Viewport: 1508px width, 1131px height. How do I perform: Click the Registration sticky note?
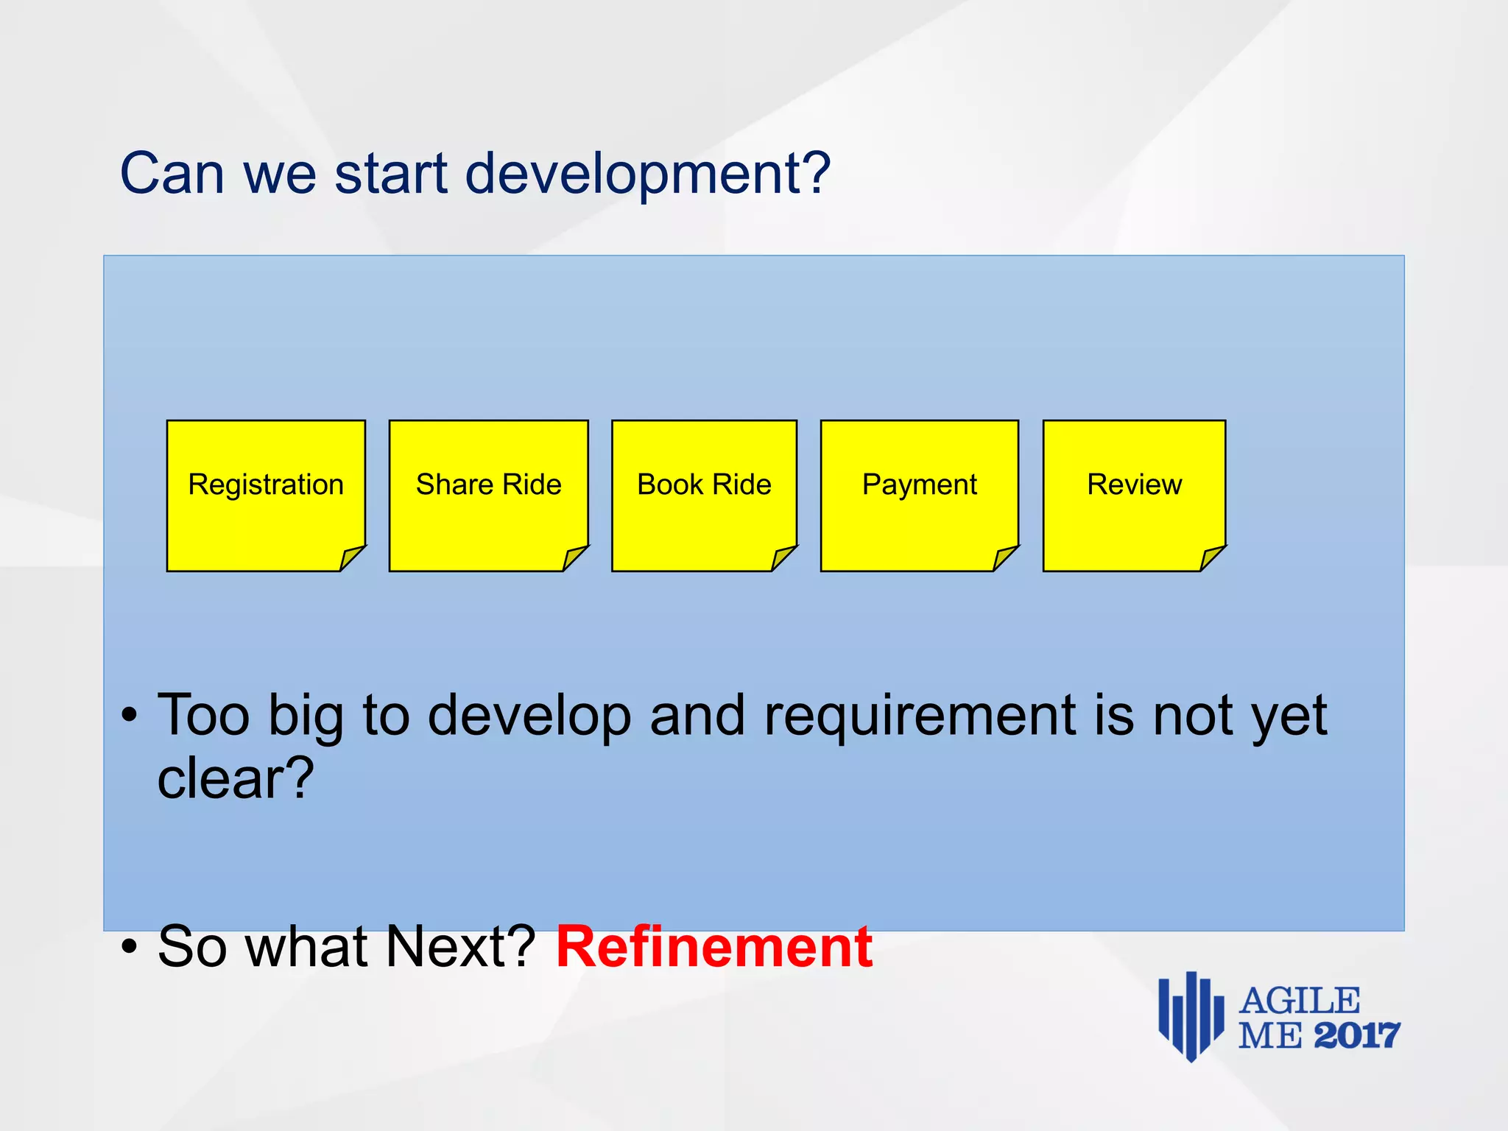point(266,495)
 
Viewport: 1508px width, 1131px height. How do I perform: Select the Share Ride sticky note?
point(488,495)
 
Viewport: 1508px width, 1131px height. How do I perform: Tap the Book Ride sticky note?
point(704,495)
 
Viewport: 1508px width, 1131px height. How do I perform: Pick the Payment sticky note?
point(920,495)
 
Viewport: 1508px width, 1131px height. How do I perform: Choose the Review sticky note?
point(1134,495)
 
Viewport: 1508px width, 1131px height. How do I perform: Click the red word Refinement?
point(714,947)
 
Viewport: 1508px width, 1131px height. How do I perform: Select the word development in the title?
point(648,175)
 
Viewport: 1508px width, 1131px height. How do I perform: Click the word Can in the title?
point(172,173)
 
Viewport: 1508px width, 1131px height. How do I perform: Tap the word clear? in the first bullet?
point(236,779)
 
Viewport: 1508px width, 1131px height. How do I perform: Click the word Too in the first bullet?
point(203,716)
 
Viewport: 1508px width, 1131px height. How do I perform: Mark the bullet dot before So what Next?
point(130,948)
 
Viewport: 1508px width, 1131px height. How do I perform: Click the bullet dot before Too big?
point(130,716)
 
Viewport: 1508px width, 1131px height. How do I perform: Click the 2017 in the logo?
point(1356,1036)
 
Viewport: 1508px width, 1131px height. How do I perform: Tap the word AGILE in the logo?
point(1300,1001)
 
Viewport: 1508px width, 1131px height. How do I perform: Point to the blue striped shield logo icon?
point(1190,1015)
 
